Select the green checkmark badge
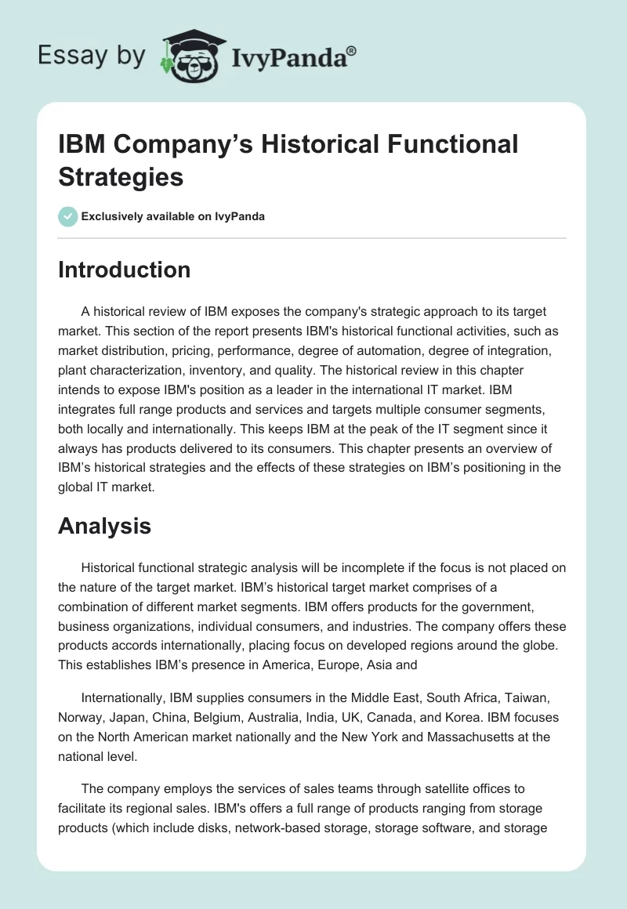point(68,216)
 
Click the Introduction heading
point(124,270)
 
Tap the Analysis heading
point(104,526)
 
